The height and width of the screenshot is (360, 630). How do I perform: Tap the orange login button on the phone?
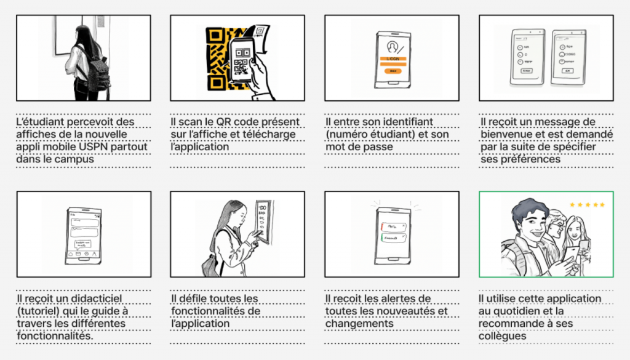pos(393,71)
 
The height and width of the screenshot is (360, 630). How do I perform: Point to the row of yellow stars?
pos(587,205)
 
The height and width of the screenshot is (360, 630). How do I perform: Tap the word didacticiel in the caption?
pos(97,299)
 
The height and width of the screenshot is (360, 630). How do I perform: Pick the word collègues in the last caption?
pos(502,336)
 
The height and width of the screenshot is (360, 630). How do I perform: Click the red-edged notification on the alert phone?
pos(393,227)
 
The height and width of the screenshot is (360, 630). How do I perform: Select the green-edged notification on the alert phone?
pos(393,238)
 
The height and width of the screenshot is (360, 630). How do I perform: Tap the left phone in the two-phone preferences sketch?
pos(527,57)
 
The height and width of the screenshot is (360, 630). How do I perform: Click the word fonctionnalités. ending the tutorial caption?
pos(55,336)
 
